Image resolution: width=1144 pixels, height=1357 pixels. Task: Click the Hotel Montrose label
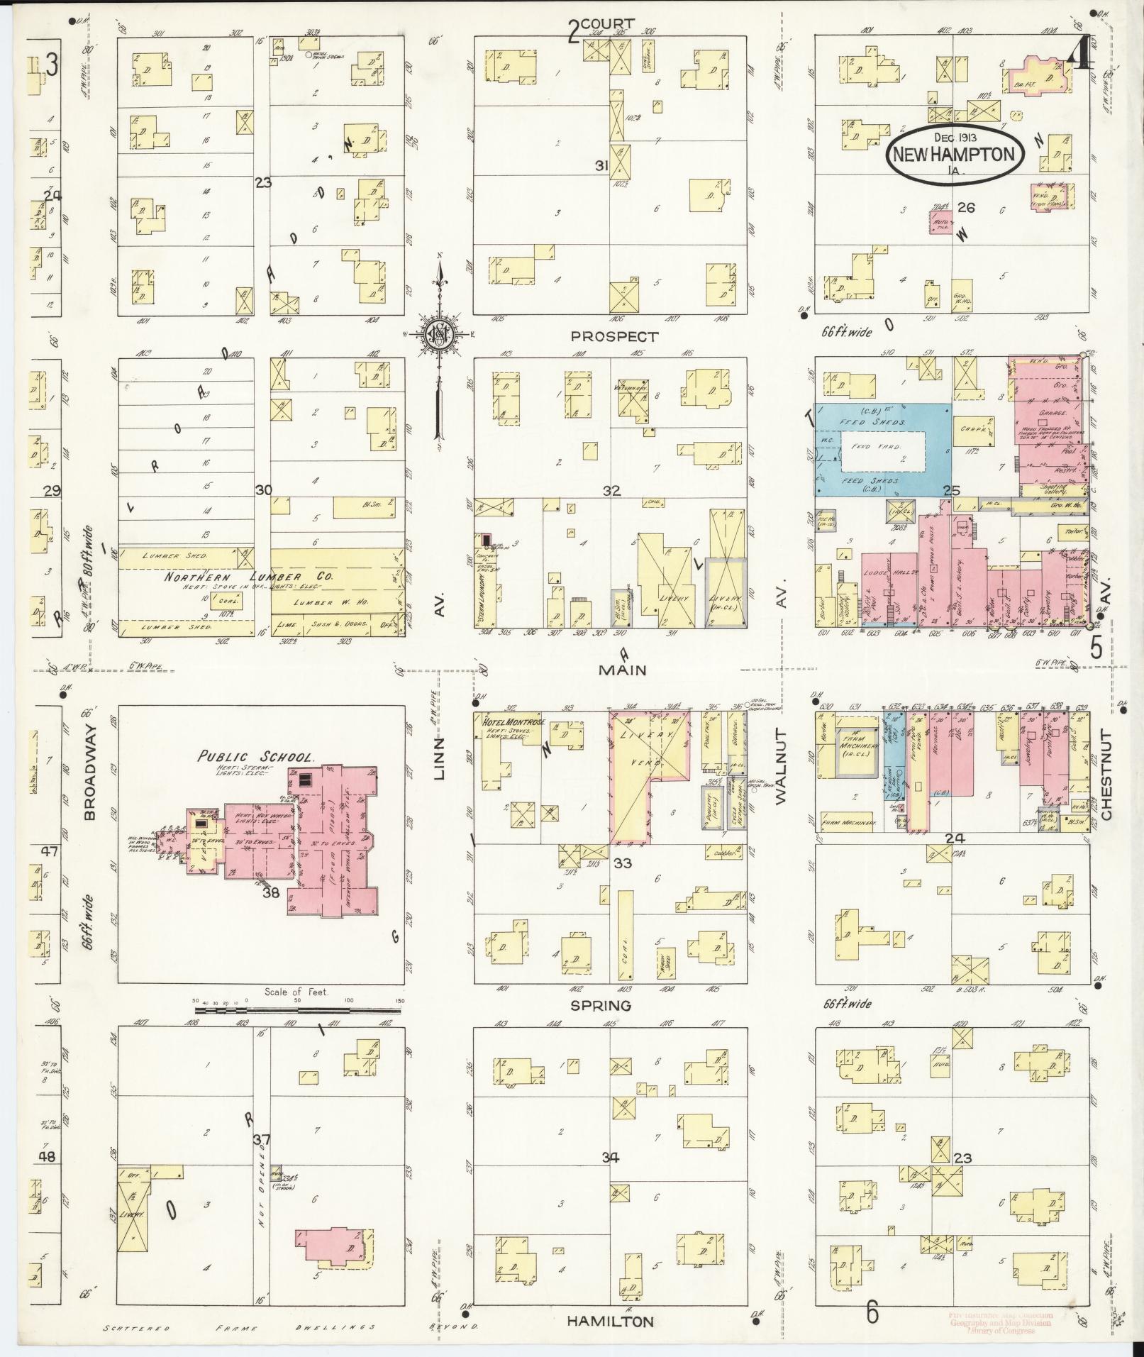[x=514, y=722]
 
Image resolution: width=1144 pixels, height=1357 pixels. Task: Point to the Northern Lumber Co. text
[x=248, y=577]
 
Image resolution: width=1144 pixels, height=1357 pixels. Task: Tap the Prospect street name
[x=614, y=337]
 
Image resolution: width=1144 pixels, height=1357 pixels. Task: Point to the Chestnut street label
[x=1106, y=775]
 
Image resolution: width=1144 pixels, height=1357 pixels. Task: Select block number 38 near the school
[x=271, y=894]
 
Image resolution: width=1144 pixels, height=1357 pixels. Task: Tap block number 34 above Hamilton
[x=611, y=1158]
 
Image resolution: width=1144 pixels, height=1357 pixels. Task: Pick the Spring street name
[x=600, y=1006]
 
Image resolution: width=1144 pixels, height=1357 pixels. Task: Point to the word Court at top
[x=609, y=24]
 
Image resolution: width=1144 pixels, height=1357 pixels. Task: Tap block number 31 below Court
[x=602, y=165]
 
